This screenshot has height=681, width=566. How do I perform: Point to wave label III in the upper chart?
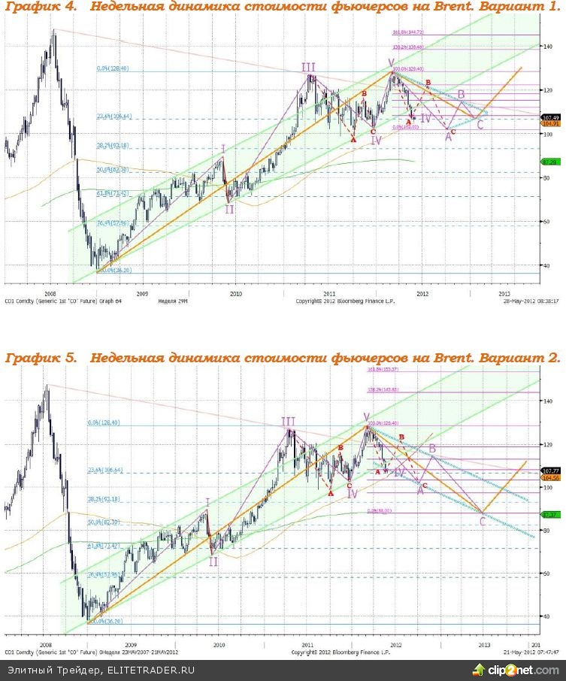(309, 68)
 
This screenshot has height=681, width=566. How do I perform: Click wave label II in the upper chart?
(229, 209)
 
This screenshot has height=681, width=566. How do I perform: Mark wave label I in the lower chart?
(208, 501)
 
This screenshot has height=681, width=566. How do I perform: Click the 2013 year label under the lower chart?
(485, 644)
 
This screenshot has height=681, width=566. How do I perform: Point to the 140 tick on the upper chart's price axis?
(549, 47)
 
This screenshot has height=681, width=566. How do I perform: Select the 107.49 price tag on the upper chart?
(550, 117)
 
